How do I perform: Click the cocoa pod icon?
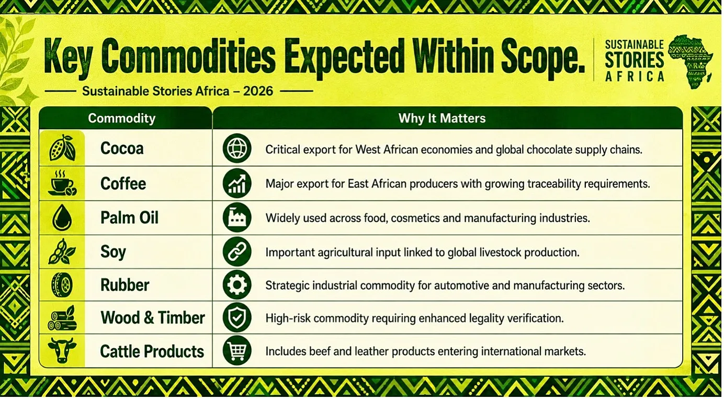(62, 148)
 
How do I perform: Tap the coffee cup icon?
(62, 183)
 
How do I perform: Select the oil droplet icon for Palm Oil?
(62, 218)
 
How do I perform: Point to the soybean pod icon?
(62, 252)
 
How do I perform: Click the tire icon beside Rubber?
(62, 284)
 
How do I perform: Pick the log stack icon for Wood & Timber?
(62, 318)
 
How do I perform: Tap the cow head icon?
(62, 350)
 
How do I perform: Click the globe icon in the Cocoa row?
(237, 149)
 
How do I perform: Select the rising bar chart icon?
(237, 183)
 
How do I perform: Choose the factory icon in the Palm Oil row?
(237, 218)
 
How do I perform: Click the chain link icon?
(237, 252)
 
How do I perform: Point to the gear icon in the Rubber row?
(237, 284)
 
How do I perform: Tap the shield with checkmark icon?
(237, 317)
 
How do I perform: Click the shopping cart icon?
(237, 350)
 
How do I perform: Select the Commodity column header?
(121, 119)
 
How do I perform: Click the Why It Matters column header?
(442, 118)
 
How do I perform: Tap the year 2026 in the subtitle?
(258, 91)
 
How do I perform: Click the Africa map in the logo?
(690, 61)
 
